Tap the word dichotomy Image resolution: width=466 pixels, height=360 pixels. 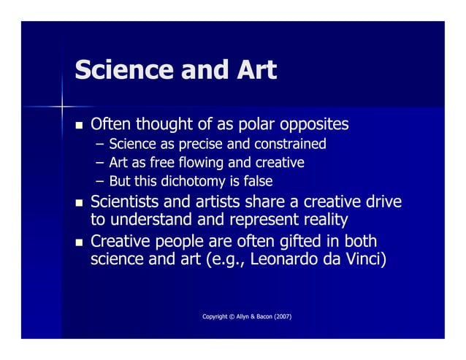[194, 180]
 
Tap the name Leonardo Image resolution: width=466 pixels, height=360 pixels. [282, 259]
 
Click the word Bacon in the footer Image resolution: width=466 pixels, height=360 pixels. [261, 315]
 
